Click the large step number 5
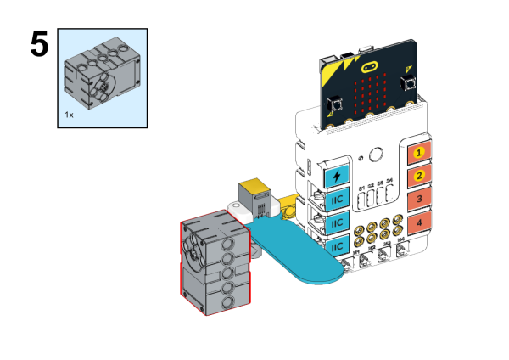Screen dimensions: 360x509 click(x=39, y=44)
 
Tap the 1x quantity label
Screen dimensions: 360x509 click(x=70, y=112)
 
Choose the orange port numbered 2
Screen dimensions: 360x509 click(x=417, y=177)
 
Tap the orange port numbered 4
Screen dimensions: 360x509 click(x=417, y=223)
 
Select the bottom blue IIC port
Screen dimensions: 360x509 click(x=337, y=246)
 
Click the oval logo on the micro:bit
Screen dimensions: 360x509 click(x=370, y=66)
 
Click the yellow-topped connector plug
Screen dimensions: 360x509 click(x=252, y=190)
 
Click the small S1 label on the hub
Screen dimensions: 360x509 click(x=361, y=186)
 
